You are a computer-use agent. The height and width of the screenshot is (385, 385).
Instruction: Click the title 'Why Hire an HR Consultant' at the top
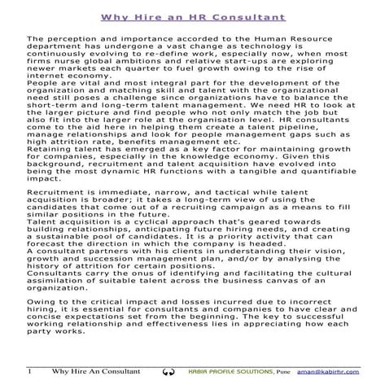[x=192, y=15]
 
